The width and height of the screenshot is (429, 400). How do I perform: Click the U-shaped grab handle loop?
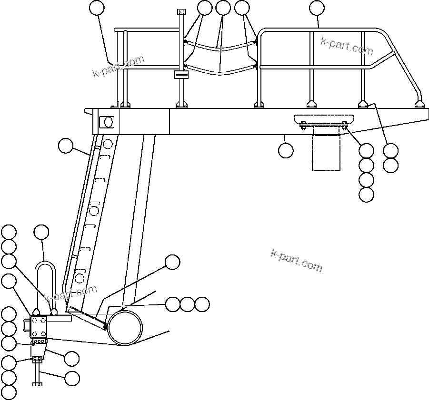point(46,266)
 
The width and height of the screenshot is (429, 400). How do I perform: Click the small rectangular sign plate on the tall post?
point(181,74)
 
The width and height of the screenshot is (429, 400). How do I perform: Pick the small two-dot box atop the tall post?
point(181,11)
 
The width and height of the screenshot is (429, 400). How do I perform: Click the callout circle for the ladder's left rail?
point(66,146)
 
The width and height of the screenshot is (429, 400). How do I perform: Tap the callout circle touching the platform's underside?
point(286,150)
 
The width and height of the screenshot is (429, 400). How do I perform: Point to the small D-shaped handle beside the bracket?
point(27,325)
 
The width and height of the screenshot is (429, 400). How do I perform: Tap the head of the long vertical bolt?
point(37,383)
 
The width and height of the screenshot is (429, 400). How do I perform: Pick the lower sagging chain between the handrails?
point(220,73)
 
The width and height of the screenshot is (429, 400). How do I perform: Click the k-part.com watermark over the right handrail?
point(347,46)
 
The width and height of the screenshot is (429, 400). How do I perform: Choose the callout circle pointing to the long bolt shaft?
point(72,379)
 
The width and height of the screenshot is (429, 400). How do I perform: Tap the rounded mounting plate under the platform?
point(324,118)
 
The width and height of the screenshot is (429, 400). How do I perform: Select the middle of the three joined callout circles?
point(188,304)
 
